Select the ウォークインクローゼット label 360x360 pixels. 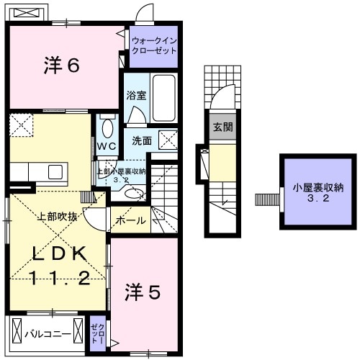[x=153, y=46]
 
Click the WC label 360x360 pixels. [x=107, y=145]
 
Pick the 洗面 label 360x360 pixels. [x=142, y=140]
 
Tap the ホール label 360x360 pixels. [x=131, y=220]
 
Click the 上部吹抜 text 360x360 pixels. [x=55, y=215]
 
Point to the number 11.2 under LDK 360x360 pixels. [x=60, y=279]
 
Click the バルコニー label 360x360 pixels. [x=47, y=334]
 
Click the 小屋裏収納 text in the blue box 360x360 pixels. [x=318, y=189]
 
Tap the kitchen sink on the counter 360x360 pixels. [x=55, y=171]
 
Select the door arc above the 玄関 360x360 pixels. [x=223, y=96]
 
